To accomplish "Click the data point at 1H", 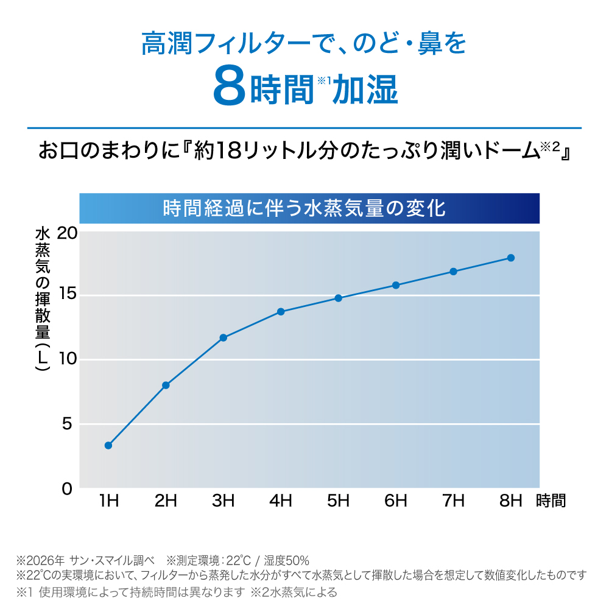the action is (x=108, y=446).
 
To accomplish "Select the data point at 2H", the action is (x=166, y=385).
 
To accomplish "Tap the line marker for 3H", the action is (x=224, y=338).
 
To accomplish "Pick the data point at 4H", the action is (x=281, y=311).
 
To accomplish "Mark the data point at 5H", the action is (x=338, y=298).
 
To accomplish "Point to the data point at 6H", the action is (x=396, y=286).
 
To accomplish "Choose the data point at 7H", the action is (x=453, y=272).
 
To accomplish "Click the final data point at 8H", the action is (x=511, y=258).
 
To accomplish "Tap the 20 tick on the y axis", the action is (x=67, y=233).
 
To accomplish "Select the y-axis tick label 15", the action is (x=68, y=294).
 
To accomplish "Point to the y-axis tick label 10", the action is (x=68, y=359).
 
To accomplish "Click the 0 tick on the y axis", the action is (x=67, y=489).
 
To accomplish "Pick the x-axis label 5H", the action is (x=338, y=501).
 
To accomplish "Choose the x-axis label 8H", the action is (x=511, y=501).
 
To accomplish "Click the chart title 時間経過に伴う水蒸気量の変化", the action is (x=304, y=208).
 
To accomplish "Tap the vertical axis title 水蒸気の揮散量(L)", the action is (x=43, y=300).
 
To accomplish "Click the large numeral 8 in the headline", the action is (x=230, y=86).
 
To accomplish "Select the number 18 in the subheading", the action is (x=230, y=150).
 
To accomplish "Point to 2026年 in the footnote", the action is (x=46, y=560).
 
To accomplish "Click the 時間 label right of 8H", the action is (x=551, y=501).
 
